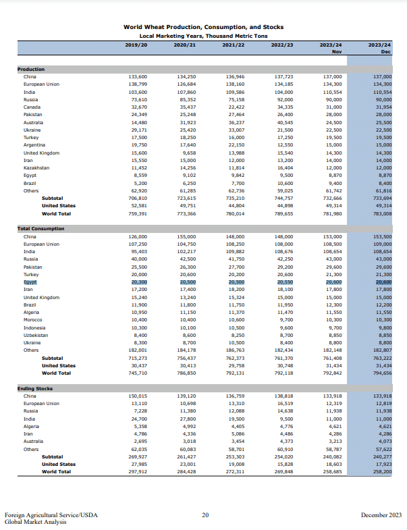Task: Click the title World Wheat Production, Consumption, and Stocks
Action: pyautogui.click(x=203, y=27)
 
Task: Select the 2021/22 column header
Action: pyautogui.click(x=234, y=44)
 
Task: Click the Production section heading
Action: pyautogui.click(x=31, y=69)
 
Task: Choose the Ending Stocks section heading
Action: pyautogui.click(x=35, y=389)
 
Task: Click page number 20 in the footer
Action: pyautogui.click(x=205, y=515)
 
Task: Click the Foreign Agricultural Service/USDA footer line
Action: pyautogui.click(x=51, y=515)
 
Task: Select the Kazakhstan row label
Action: pyautogui.click(x=36, y=167)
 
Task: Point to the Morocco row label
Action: pyautogui.click(x=32, y=320)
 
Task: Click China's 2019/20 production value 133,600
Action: pyautogui.click(x=137, y=76)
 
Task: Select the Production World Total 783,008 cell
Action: pyautogui.click(x=381, y=213)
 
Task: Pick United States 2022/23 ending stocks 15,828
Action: pyautogui.click(x=283, y=464)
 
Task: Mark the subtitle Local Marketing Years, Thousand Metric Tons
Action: pyautogui.click(x=203, y=35)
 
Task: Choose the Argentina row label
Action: pyautogui.click(x=34, y=144)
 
